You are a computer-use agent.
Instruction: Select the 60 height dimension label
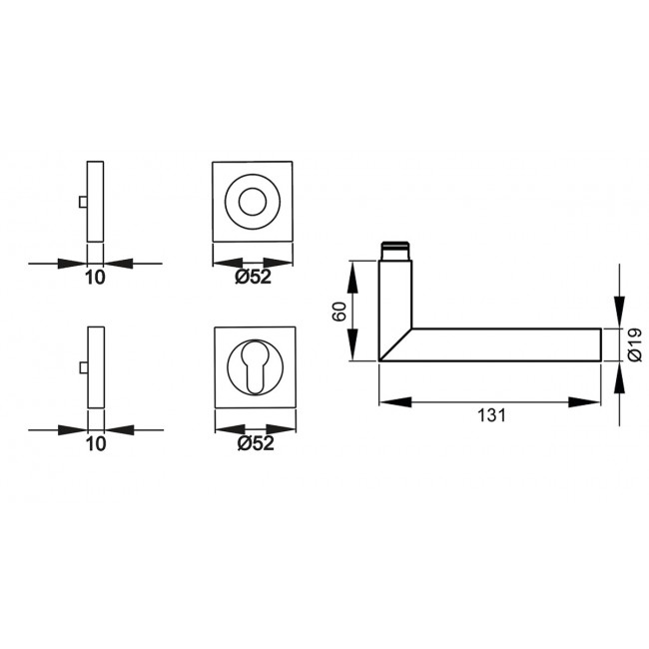click(x=339, y=311)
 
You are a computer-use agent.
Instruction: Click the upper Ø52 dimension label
click(x=254, y=279)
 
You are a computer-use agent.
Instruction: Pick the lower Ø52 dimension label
click(x=254, y=444)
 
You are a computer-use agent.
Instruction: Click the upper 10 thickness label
click(x=96, y=279)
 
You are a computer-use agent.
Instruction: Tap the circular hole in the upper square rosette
click(x=255, y=200)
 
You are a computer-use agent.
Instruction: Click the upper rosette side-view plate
click(x=96, y=200)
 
